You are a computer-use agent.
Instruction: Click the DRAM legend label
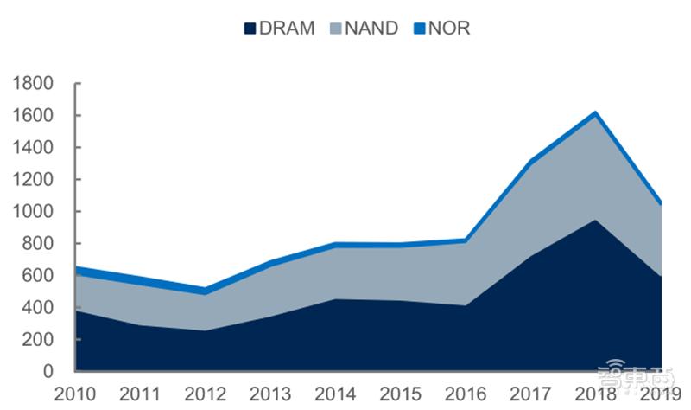click(287, 28)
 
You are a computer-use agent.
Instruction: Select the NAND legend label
click(371, 28)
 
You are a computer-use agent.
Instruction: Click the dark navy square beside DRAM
click(250, 29)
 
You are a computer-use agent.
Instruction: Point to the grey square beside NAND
click(335, 29)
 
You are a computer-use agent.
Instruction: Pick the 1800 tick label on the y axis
click(34, 84)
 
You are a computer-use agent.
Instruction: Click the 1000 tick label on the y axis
click(34, 212)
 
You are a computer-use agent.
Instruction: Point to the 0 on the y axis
click(49, 372)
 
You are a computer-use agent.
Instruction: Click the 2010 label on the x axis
click(75, 394)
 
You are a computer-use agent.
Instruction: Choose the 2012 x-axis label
click(206, 394)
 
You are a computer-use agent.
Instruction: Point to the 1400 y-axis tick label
click(34, 148)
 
